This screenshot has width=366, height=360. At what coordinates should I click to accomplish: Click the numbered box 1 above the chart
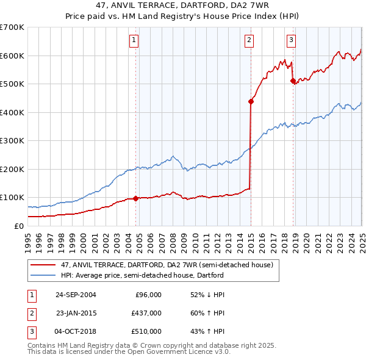(x=134, y=41)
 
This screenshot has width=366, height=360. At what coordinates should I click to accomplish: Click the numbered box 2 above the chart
(x=249, y=41)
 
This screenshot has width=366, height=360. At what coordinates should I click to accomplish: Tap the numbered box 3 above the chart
(x=291, y=41)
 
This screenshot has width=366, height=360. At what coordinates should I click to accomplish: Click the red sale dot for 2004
(x=135, y=198)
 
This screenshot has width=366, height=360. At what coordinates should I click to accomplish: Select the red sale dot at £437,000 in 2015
(x=251, y=102)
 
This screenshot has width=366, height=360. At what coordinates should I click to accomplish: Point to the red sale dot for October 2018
(x=293, y=81)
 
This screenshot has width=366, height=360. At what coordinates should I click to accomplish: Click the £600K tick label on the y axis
(x=12, y=56)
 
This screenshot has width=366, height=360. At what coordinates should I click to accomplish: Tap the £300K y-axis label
(x=12, y=140)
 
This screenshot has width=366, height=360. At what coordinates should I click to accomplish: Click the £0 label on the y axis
(x=20, y=226)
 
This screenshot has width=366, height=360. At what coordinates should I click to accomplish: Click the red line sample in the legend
(x=43, y=265)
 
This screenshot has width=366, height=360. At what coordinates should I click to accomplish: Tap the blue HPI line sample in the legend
(x=43, y=275)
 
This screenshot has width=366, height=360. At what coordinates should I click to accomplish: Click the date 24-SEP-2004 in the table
(x=76, y=295)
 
